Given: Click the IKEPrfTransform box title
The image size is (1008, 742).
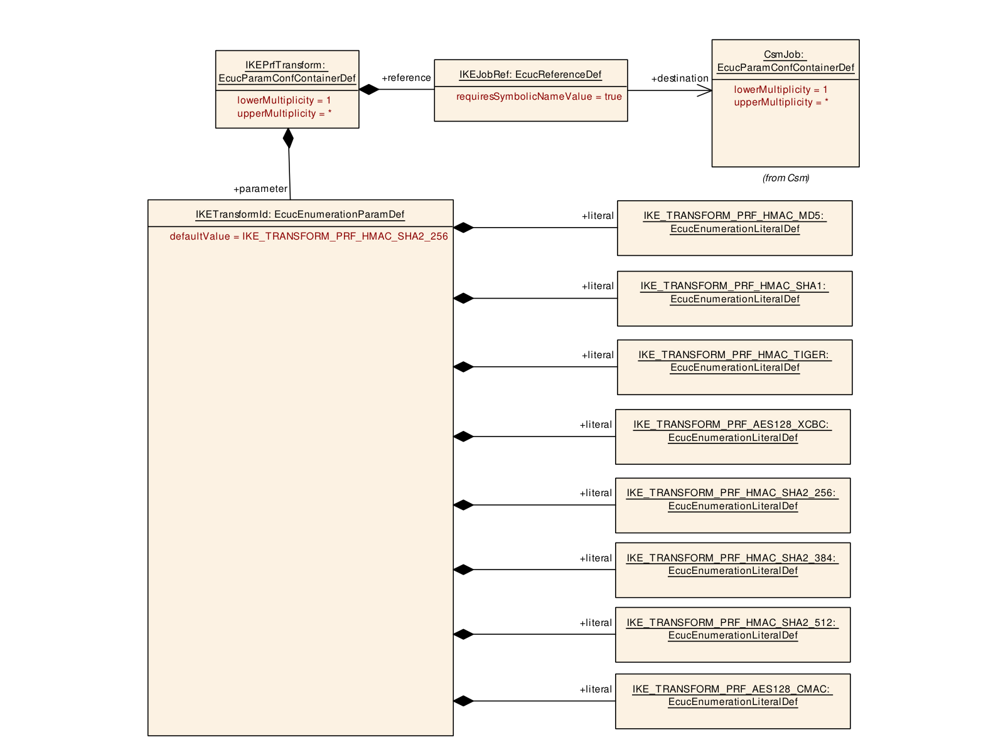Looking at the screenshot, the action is click(287, 72).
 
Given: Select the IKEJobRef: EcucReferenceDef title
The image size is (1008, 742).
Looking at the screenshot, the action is click(530, 75).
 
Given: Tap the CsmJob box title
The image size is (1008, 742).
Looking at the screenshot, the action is click(785, 61).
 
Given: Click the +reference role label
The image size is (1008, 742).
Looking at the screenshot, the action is click(406, 78).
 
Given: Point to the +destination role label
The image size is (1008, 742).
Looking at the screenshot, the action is click(680, 78).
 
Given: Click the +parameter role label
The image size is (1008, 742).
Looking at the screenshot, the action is click(260, 189).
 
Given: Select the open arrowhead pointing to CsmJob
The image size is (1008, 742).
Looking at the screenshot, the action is click(704, 90).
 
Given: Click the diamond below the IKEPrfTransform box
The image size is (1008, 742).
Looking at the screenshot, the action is click(288, 138).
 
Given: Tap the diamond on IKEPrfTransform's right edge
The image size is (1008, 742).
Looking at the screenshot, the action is click(369, 90).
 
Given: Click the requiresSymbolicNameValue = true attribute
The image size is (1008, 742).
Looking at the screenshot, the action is click(539, 97).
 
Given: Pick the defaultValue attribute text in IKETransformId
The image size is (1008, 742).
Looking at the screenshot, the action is click(309, 236).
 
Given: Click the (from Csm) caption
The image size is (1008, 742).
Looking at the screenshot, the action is click(785, 178).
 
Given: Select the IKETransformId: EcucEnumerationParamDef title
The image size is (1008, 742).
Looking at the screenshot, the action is click(299, 215).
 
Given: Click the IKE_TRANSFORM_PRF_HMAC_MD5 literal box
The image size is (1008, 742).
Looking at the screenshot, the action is click(734, 228).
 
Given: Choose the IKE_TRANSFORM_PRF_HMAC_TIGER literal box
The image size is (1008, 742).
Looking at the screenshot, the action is click(734, 367).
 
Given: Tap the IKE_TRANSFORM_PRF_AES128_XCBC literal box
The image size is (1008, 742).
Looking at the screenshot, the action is click(732, 437).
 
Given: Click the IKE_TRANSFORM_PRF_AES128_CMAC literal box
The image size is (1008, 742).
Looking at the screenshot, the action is click(732, 701).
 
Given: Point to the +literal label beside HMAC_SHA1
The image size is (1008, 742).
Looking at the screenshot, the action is click(598, 286).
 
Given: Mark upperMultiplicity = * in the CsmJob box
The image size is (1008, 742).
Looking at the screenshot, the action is click(781, 102).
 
